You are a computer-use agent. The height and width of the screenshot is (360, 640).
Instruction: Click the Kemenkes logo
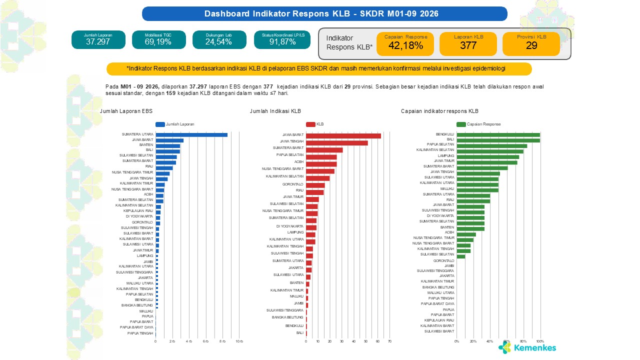click(x=527, y=347)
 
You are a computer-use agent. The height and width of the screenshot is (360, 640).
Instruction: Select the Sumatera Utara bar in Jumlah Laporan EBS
click(x=191, y=134)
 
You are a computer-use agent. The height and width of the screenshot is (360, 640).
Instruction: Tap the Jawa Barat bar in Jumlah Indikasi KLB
click(x=343, y=135)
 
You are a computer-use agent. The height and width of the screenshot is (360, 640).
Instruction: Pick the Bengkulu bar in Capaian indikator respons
click(x=498, y=134)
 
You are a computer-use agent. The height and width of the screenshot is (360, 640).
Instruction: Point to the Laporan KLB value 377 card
click(x=468, y=44)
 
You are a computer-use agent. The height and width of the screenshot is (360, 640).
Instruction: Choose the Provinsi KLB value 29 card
click(x=531, y=44)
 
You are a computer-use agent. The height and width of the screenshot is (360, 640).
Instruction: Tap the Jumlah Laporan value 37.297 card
click(x=98, y=39)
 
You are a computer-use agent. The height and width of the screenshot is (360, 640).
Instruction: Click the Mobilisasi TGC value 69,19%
click(x=158, y=42)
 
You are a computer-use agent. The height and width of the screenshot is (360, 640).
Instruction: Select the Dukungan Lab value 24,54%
click(x=219, y=42)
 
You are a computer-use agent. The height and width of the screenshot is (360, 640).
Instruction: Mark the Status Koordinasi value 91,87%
click(x=282, y=42)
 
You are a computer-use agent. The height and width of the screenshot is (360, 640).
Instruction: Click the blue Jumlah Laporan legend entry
click(x=174, y=124)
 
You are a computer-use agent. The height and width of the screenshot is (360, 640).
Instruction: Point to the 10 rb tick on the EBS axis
click(x=239, y=341)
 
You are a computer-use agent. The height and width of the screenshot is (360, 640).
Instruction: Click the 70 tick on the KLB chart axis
click(x=389, y=341)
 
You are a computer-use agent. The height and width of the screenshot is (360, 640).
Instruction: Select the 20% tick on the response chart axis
click(x=473, y=341)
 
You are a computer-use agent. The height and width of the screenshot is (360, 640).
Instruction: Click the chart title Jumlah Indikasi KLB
click(x=275, y=111)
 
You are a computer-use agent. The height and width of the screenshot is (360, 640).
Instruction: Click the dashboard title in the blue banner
click(x=324, y=13)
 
